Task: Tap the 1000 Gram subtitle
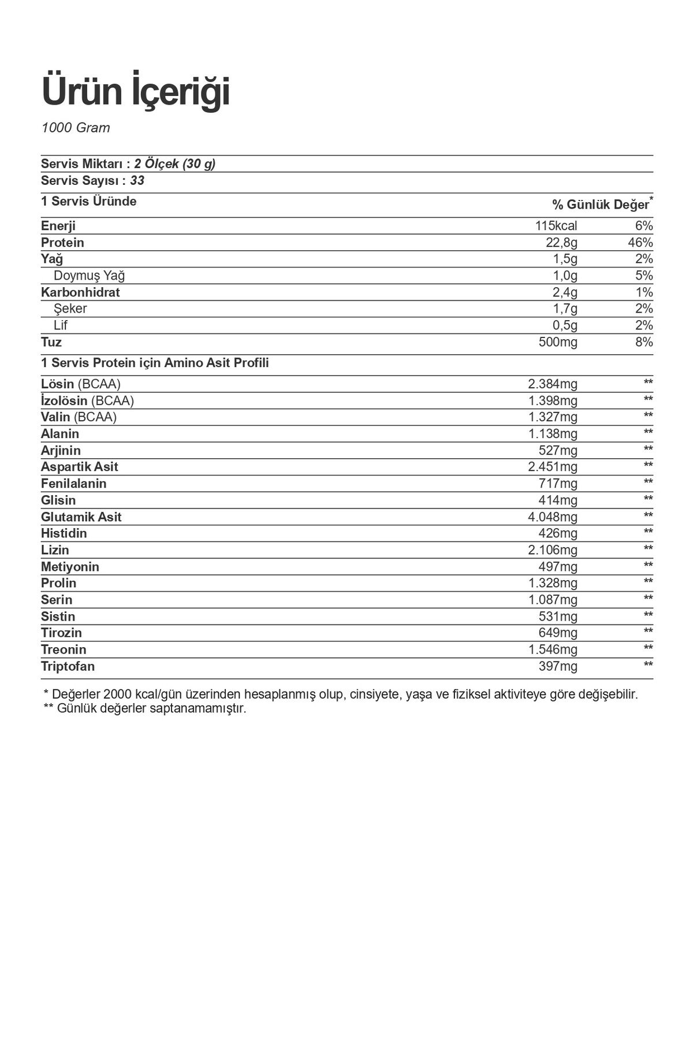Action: tap(76, 128)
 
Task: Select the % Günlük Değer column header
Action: tap(601, 205)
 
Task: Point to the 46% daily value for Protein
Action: tap(640, 243)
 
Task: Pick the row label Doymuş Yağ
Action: tap(89, 276)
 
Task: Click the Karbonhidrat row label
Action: tap(80, 292)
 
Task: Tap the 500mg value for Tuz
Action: tap(557, 342)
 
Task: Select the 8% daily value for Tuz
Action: tap(644, 342)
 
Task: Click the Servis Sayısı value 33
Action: tap(137, 181)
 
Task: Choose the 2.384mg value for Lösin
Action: tap(552, 384)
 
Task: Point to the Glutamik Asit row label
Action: tap(81, 517)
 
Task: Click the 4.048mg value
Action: tap(552, 517)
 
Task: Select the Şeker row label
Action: tap(70, 309)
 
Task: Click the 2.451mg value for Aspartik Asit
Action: tap(552, 467)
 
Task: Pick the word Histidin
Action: tap(64, 533)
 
